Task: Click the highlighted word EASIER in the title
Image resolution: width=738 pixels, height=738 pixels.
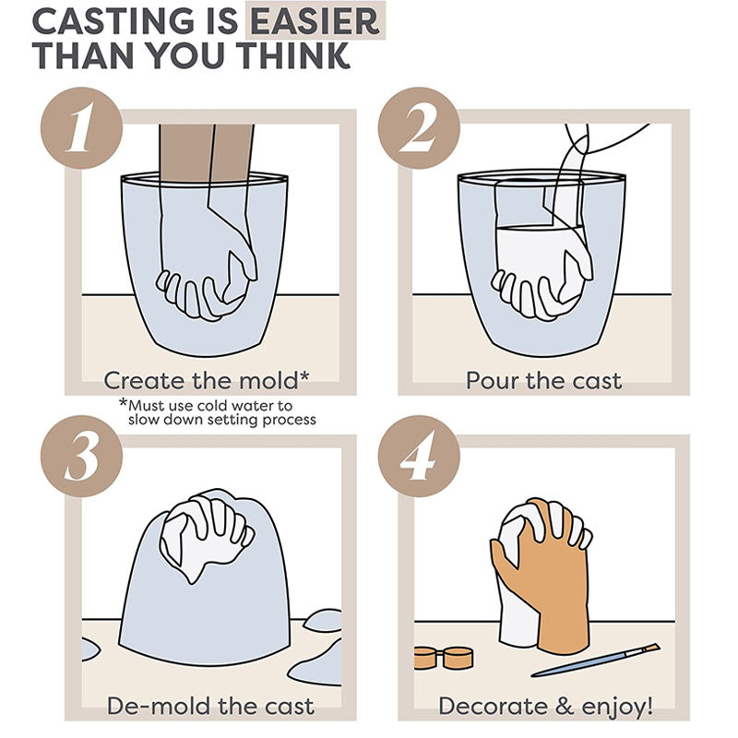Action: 315,21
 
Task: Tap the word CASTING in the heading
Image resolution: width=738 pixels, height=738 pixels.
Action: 113,21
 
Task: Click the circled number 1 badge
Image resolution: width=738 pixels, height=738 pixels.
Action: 81,128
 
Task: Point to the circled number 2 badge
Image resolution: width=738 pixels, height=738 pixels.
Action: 419,128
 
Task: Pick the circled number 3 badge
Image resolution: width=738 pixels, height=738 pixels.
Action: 81,456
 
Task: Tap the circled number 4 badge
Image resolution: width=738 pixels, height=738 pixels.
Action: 419,456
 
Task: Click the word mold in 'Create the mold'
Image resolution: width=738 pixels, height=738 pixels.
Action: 269,380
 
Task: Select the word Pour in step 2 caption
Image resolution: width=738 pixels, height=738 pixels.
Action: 493,380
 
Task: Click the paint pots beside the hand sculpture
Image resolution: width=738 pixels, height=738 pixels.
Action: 444,658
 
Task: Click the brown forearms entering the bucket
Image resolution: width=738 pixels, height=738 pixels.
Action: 206,153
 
